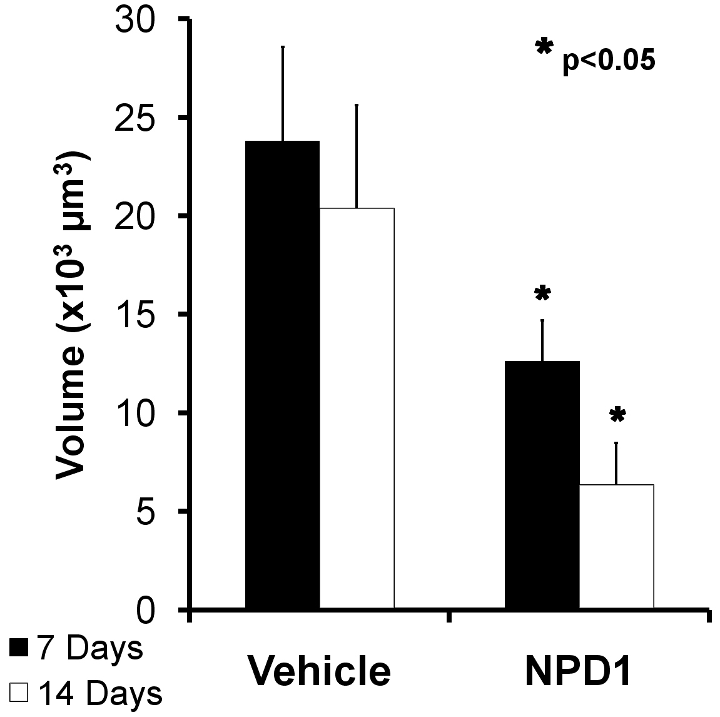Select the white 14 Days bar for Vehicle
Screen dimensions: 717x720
(x=357, y=407)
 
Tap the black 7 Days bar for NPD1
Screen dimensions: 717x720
(x=542, y=484)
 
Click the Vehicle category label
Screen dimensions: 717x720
(x=319, y=670)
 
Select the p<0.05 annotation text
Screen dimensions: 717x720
(x=609, y=63)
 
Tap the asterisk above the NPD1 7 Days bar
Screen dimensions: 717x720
(x=542, y=293)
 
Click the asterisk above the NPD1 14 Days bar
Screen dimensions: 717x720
(x=617, y=414)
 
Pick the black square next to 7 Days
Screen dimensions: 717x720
(x=19, y=648)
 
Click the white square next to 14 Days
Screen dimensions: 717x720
(x=19, y=693)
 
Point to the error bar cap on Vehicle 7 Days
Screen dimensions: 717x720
(x=283, y=47)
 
